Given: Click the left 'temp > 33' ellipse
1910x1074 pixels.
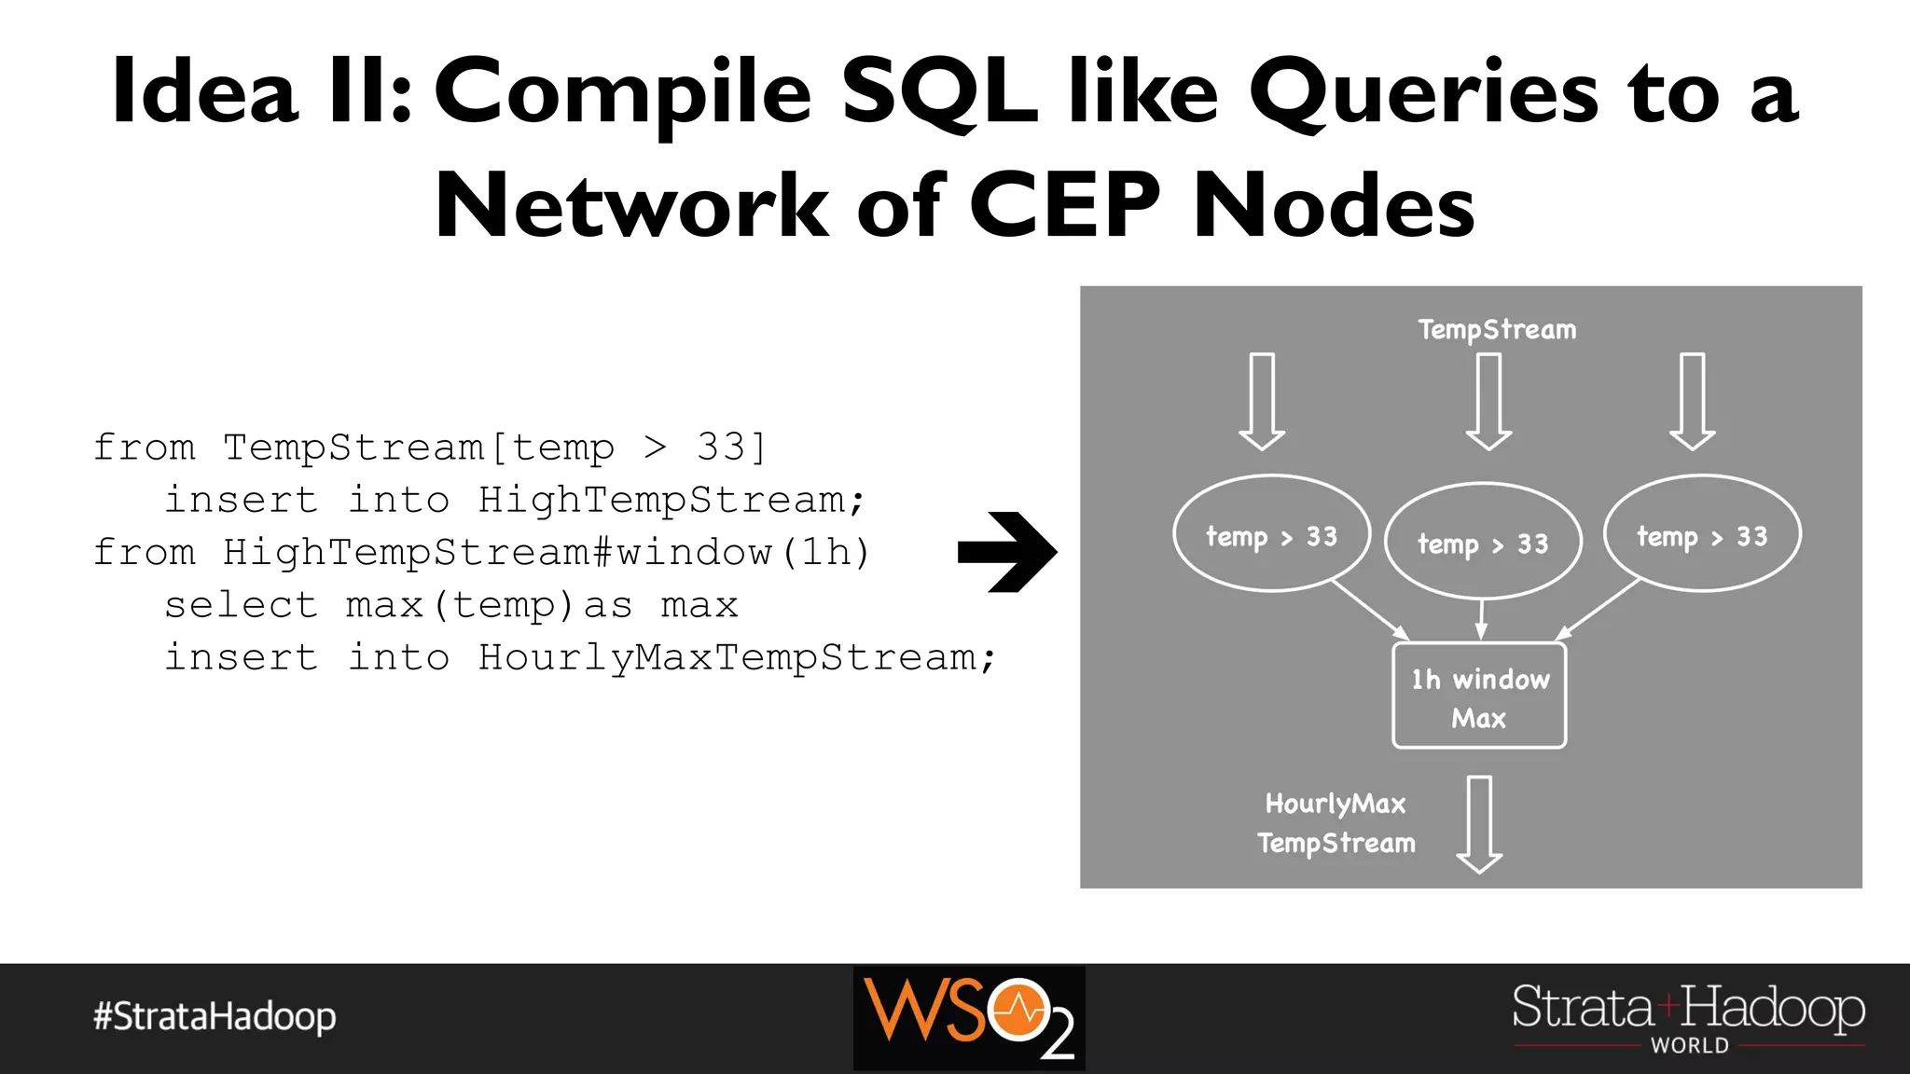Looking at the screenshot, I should coord(1271,534).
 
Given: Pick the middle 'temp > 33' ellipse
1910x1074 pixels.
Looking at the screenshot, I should coord(1483,542).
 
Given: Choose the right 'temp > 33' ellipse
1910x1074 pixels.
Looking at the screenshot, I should coord(1702,534).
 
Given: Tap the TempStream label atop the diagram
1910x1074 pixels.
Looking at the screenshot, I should coord(1497,330).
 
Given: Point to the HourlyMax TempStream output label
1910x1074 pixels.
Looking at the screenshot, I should coord(1336,823).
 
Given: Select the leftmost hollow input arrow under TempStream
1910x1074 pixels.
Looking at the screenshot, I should coord(1262,401).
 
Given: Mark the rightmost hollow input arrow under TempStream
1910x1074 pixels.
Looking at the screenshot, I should coord(1692,401).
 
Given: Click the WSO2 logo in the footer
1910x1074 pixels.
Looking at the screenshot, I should coord(969,1018).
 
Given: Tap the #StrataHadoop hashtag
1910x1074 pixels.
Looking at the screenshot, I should coord(215,1016).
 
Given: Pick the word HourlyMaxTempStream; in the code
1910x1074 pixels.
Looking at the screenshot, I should coord(738,658).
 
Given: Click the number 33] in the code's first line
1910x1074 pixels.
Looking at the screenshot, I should coord(731,448).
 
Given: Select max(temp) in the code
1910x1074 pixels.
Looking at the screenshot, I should coord(459,606).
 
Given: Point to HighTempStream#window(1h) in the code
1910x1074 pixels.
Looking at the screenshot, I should coord(547,553).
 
